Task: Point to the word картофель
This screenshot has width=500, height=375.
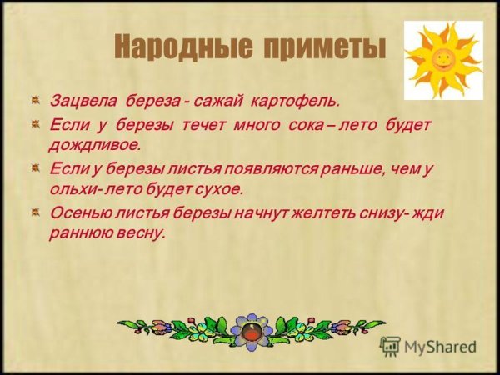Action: pos(294,102)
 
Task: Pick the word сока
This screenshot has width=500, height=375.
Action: pos(306,125)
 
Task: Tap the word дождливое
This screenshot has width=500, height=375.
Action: pos(94,146)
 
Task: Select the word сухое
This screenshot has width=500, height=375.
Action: pos(218,190)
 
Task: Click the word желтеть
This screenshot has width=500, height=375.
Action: pos(324,213)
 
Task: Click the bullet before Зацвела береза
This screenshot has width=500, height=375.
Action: pos(35,101)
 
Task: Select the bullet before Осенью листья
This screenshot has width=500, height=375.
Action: pos(35,211)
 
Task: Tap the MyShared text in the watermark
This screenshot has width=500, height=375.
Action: pos(440,347)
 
